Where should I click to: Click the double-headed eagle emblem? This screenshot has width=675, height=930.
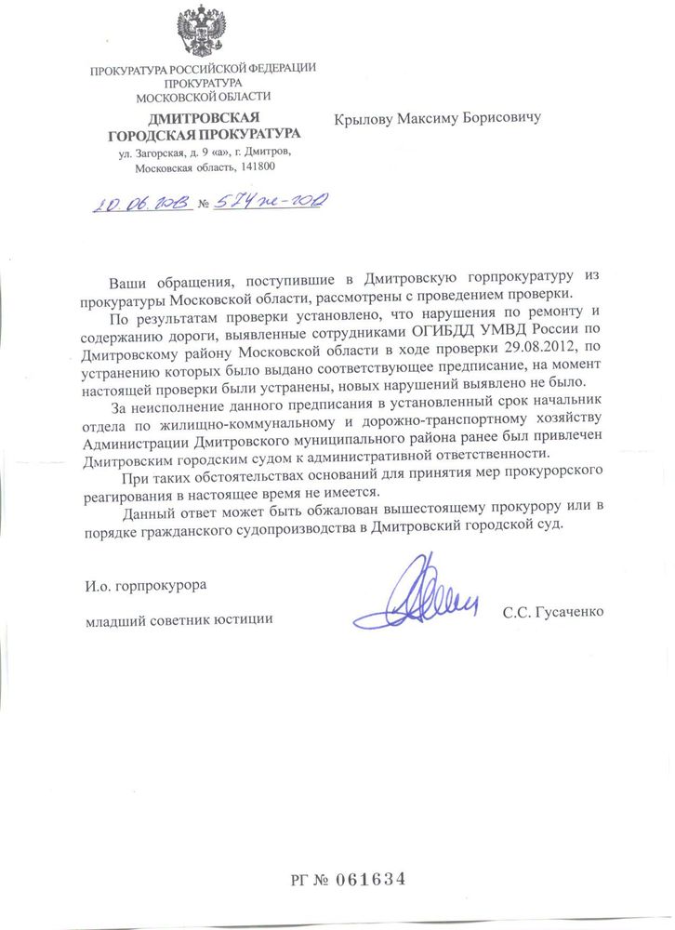click(203, 33)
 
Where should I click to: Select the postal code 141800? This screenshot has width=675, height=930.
click(256, 168)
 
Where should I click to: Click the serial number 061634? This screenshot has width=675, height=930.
click(370, 878)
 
